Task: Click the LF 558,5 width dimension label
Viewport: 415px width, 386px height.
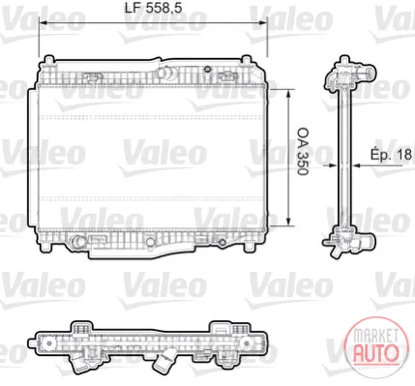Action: pyautogui.click(x=154, y=9)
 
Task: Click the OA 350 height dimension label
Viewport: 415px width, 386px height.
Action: pyautogui.click(x=303, y=151)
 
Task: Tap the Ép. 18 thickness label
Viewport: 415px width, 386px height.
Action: pyautogui.click(x=391, y=154)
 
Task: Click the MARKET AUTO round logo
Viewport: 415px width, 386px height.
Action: pyautogui.click(x=375, y=346)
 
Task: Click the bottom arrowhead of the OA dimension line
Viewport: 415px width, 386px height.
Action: pyautogui.click(x=288, y=222)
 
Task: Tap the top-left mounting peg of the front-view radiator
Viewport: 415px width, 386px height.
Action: pyautogui.click(x=48, y=60)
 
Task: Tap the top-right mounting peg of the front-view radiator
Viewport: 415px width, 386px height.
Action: pyautogui.click(x=246, y=60)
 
